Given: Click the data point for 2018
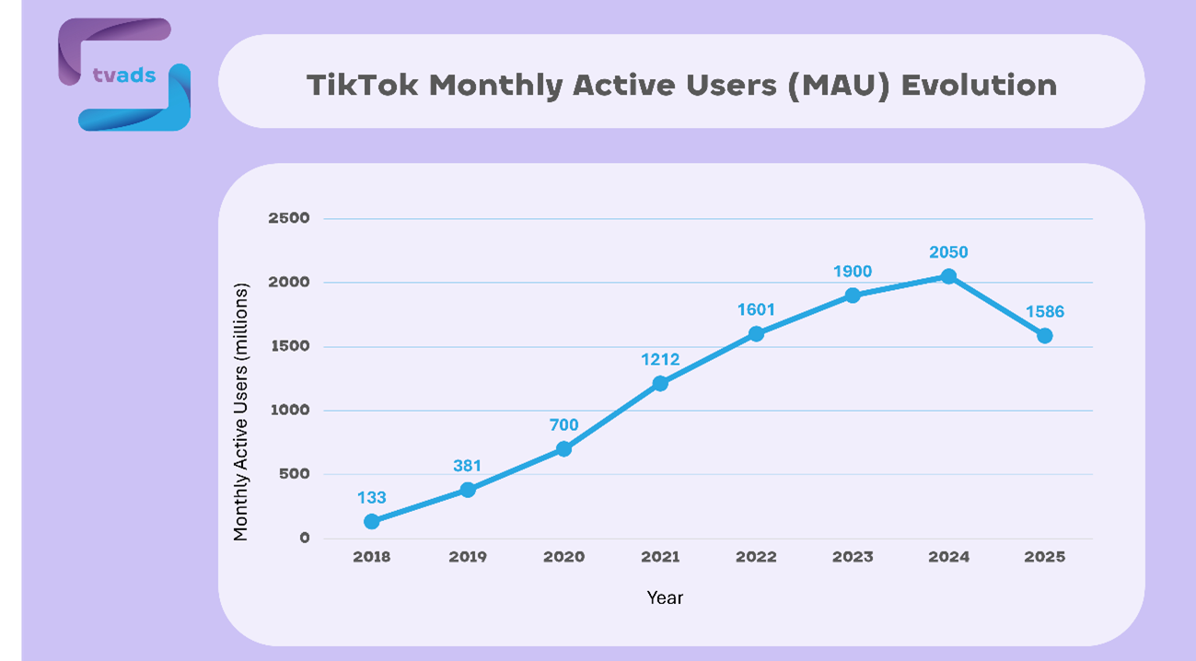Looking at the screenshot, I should tap(371, 521).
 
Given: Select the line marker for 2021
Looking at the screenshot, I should tap(660, 383).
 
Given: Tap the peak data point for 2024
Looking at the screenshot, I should tap(948, 276).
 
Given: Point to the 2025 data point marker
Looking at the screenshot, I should tap(1044, 336).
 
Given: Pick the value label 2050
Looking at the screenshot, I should tap(948, 252).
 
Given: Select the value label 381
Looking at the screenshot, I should tap(468, 466).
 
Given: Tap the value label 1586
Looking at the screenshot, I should tap(1044, 312).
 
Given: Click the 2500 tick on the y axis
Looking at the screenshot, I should tap(288, 218).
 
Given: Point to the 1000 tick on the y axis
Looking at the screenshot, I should tap(288, 411).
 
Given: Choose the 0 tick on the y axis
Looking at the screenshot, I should tap(304, 539).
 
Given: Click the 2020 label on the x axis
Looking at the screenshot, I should tap(563, 557).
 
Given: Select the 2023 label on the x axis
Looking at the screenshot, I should tap(853, 557).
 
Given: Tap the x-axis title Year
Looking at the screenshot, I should tap(665, 597).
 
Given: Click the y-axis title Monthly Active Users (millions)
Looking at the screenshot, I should tap(241, 412).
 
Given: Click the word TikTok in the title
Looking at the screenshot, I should tap(364, 85).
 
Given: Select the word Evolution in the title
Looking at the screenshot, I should tap(979, 85).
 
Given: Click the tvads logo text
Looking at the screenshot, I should tap(124, 75).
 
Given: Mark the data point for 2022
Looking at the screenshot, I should tap(756, 334).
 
